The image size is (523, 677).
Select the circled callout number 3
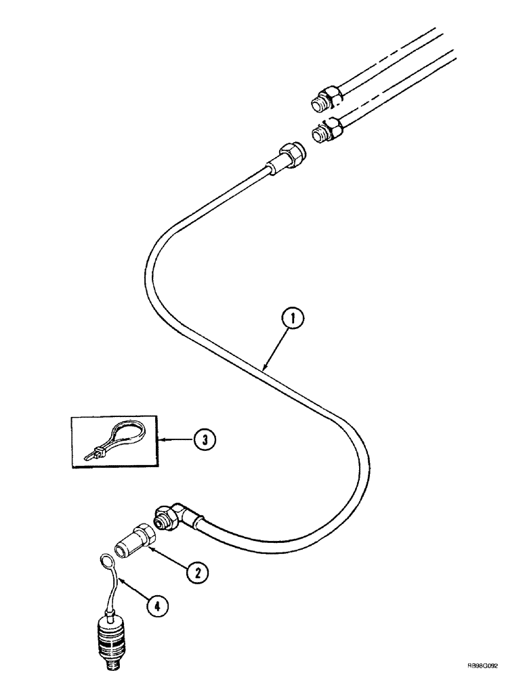(204, 440)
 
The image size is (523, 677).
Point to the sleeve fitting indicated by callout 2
(135, 538)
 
